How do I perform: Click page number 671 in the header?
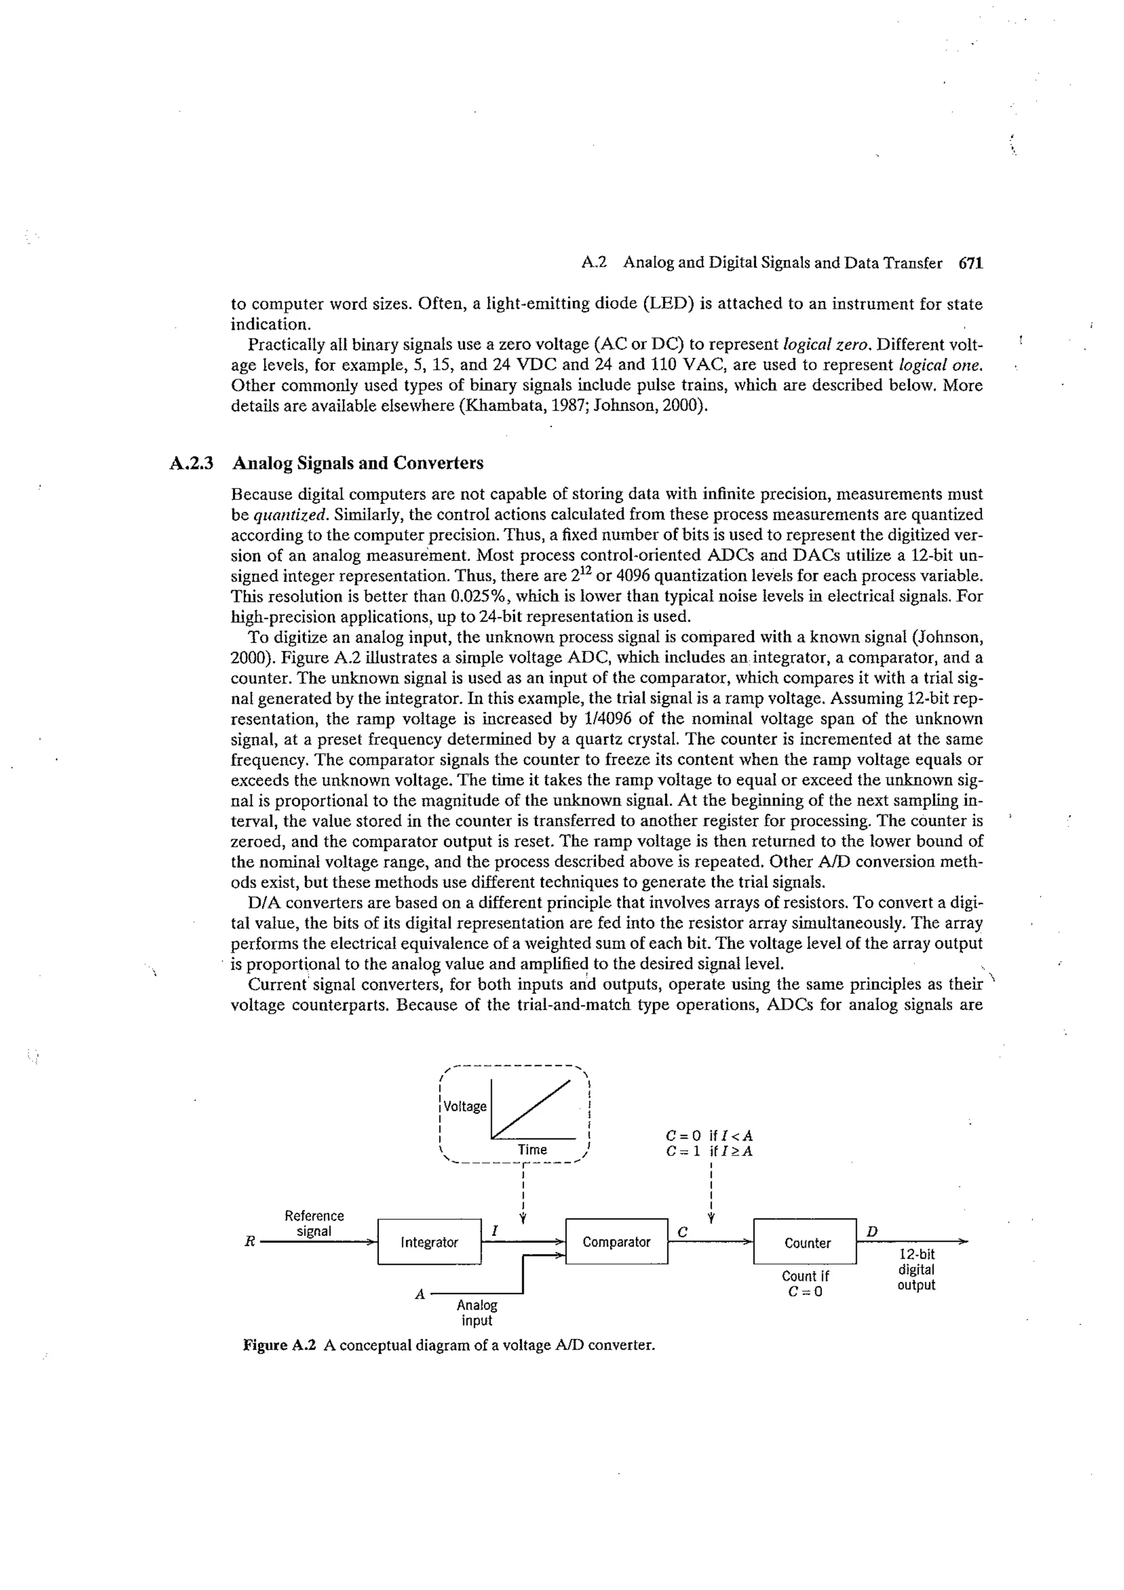tap(970, 263)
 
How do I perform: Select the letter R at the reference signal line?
tap(250, 1241)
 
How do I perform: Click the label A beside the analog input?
tap(419, 1294)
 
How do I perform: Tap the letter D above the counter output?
tap(872, 1231)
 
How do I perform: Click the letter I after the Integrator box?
tap(494, 1231)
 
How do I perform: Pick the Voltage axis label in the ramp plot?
tap(465, 1106)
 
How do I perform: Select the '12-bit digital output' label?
tap(915, 1269)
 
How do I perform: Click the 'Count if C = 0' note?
tap(805, 1283)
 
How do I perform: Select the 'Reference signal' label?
tap(314, 1223)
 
